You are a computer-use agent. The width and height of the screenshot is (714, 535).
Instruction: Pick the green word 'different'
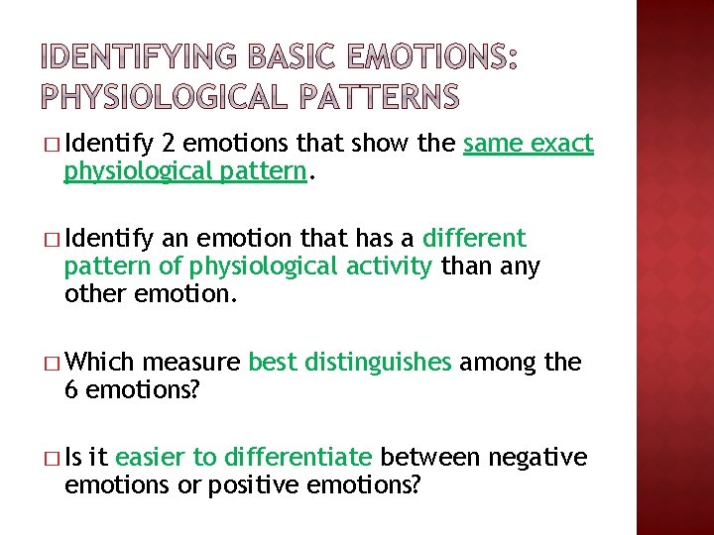[x=474, y=239]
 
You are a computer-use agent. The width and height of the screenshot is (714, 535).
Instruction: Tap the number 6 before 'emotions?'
[x=70, y=390]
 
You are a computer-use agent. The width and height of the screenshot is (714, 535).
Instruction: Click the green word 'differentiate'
[x=298, y=457]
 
